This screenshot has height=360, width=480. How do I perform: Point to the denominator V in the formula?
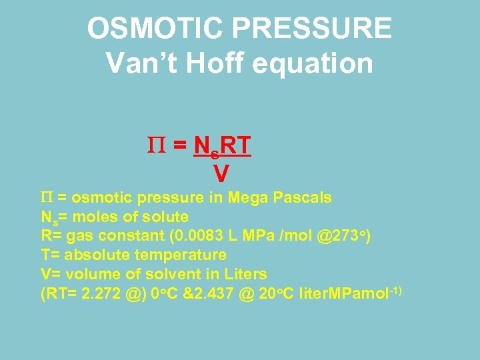pyautogui.click(x=221, y=175)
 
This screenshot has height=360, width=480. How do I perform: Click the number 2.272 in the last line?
pyautogui.click(x=105, y=293)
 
